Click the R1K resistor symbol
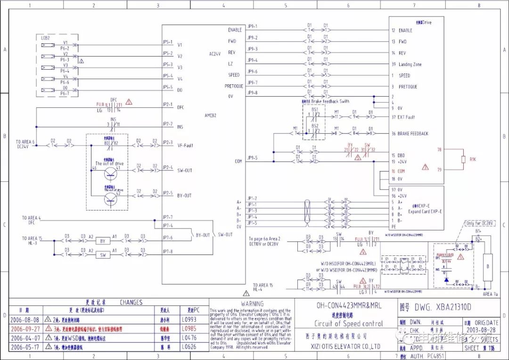[x=463, y=160]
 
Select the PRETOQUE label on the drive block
[x=409, y=87]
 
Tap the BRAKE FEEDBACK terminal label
[x=413, y=133]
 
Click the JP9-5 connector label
[x=253, y=157]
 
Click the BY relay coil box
[x=102, y=240]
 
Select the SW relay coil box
[x=102, y=255]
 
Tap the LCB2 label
[x=46, y=37]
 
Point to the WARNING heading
[x=252, y=304]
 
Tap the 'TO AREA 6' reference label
[x=25, y=141]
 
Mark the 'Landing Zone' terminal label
[x=410, y=65]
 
